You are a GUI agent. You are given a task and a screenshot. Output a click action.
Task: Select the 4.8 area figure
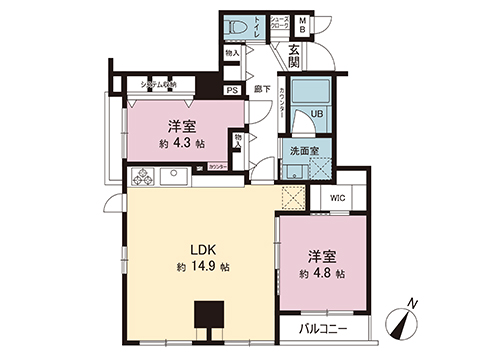tap(325, 272)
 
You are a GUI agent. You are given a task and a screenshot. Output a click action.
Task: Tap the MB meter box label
tap(304, 23)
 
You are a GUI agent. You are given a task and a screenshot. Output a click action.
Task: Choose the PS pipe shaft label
tap(232, 90)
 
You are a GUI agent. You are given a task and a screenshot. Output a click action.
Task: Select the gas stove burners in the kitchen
tap(141, 177)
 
